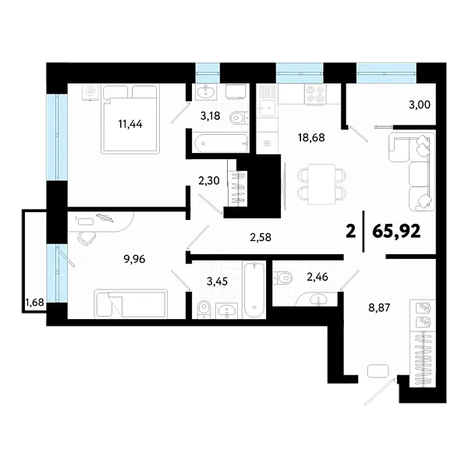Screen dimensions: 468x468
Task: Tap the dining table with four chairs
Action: click(321, 184)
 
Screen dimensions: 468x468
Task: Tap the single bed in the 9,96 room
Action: click(130, 303)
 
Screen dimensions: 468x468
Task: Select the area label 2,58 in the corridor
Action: click(260, 236)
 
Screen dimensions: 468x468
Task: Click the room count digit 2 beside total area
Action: click(350, 231)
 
